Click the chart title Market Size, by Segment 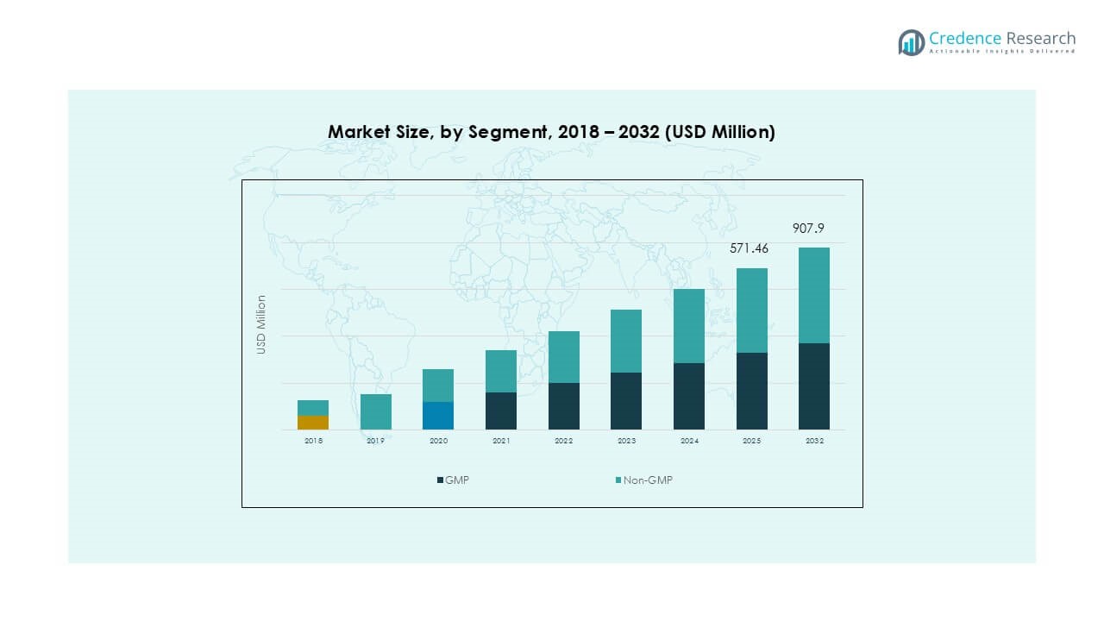click(x=551, y=132)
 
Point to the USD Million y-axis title click(x=261, y=324)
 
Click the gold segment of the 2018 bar click(x=313, y=423)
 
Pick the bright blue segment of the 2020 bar click(x=438, y=416)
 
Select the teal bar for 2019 click(x=376, y=411)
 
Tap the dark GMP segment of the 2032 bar click(x=813, y=386)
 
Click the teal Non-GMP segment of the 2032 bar click(x=813, y=295)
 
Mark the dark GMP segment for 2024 click(x=688, y=396)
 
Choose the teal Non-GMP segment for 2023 click(x=626, y=341)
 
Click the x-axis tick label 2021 click(x=501, y=441)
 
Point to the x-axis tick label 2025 click(x=751, y=441)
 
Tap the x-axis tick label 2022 click(x=563, y=441)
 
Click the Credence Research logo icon click(x=911, y=42)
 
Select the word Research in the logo click(x=1041, y=38)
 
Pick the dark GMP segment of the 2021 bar click(x=501, y=411)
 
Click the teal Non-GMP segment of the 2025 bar click(x=751, y=310)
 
